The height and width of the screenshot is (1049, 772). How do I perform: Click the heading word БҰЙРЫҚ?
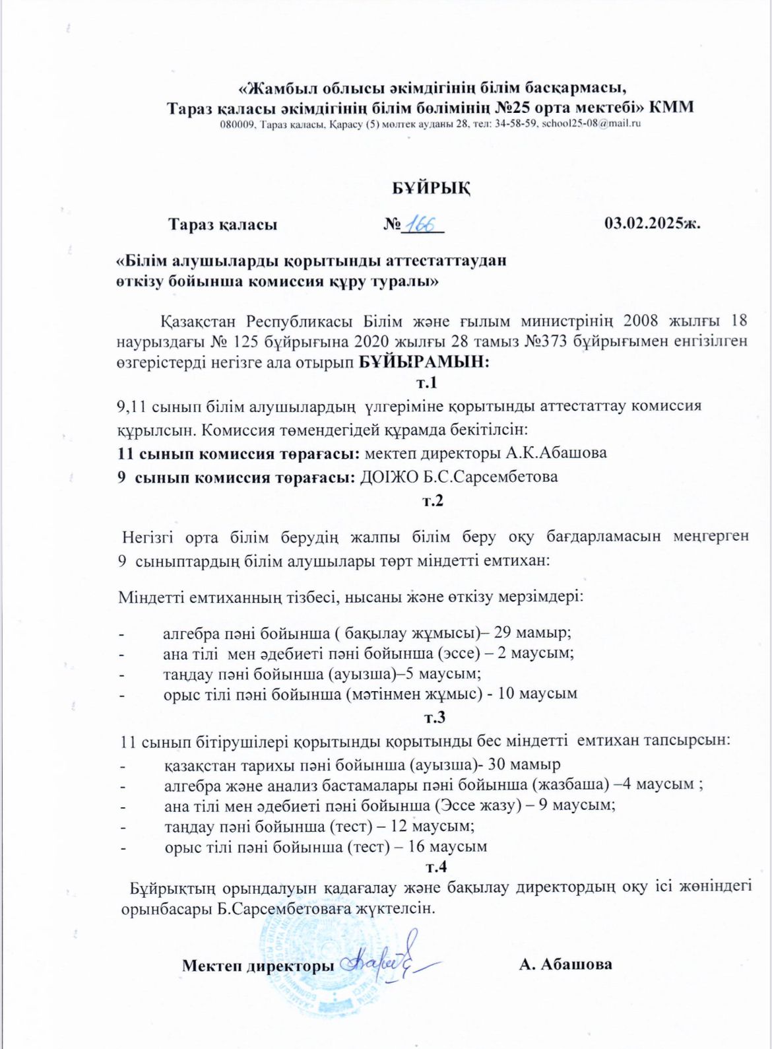[432, 188]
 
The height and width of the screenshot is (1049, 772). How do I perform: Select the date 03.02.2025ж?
[652, 224]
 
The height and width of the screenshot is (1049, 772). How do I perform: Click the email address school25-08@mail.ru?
[592, 123]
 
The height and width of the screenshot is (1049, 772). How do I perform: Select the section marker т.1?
[427, 383]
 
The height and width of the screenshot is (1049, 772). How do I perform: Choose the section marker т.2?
[432, 500]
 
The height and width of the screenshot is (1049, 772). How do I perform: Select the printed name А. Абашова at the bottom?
[565, 964]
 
